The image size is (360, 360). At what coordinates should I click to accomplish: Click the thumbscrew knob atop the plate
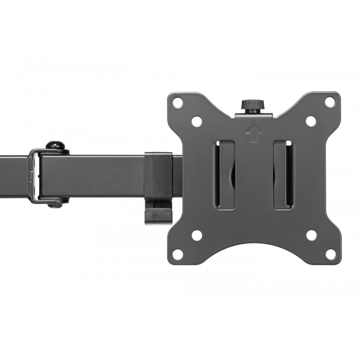[x=252, y=106]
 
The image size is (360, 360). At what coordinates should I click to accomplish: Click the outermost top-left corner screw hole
[x=178, y=103]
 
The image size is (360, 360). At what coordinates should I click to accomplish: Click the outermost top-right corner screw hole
[x=330, y=102]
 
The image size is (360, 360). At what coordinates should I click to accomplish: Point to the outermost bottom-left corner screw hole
[x=178, y=254]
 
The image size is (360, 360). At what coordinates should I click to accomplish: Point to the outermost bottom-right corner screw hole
[x=330, y=254]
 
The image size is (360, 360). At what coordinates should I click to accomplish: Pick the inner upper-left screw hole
[x=197, y=121]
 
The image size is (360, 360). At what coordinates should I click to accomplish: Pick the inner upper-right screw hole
[x=311, y=121]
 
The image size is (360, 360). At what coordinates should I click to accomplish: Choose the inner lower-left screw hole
[x=197, y=235]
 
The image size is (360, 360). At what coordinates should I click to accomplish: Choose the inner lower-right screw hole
[x=311, y=235]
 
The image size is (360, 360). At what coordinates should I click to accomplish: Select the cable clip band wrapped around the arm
[x=158, y=175]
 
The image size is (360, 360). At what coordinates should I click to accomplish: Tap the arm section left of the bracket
[x=13, y=175]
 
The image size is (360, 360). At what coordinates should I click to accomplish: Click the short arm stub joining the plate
[x=177, y=175]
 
